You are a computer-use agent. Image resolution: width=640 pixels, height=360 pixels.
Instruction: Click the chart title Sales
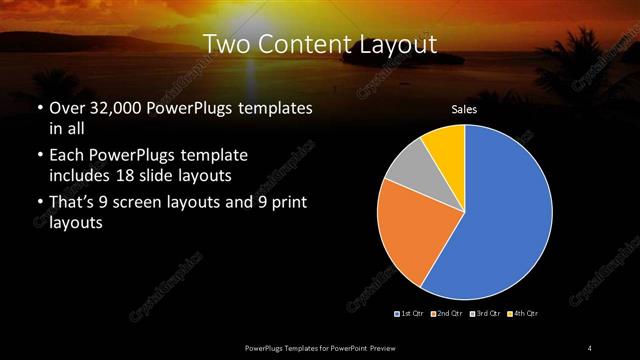point(464,108)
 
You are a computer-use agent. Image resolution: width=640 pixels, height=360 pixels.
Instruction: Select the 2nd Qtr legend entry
point(447,314)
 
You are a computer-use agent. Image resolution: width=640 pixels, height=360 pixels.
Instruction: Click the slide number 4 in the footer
point(590,347)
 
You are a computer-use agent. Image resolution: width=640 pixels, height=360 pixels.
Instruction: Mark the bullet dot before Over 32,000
point(39,108)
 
